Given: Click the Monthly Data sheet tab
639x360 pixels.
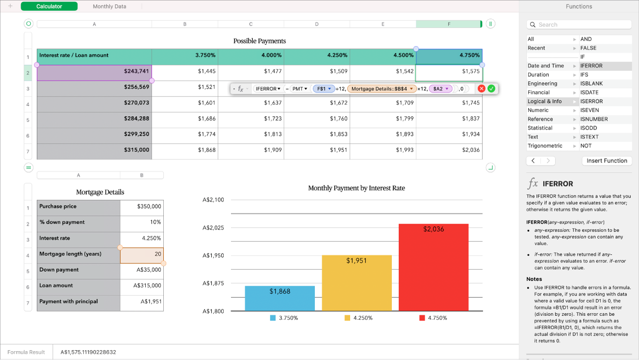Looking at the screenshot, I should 109,6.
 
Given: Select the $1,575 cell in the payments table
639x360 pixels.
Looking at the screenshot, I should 449,72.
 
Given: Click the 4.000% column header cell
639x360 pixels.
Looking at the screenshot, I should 251,55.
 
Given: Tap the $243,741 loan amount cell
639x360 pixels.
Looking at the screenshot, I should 94,72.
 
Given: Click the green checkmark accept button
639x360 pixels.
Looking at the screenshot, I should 491,89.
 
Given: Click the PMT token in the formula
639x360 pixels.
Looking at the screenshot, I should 299,89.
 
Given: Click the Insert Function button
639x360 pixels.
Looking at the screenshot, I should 607,161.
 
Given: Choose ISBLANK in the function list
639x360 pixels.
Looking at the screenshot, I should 591,83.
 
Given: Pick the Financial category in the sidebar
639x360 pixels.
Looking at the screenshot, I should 538,92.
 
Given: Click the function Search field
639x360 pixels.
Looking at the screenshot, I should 579,25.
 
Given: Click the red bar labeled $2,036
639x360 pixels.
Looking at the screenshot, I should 434,267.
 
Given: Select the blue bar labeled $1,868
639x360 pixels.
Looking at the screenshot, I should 280,298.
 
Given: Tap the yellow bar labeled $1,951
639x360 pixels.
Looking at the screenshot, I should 357,283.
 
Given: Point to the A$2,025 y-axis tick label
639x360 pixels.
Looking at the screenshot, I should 213,228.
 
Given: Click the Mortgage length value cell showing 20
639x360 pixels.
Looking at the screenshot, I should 142,254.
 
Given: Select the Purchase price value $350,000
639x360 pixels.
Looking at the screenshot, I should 142,206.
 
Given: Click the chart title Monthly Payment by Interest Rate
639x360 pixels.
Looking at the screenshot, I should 357,188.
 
